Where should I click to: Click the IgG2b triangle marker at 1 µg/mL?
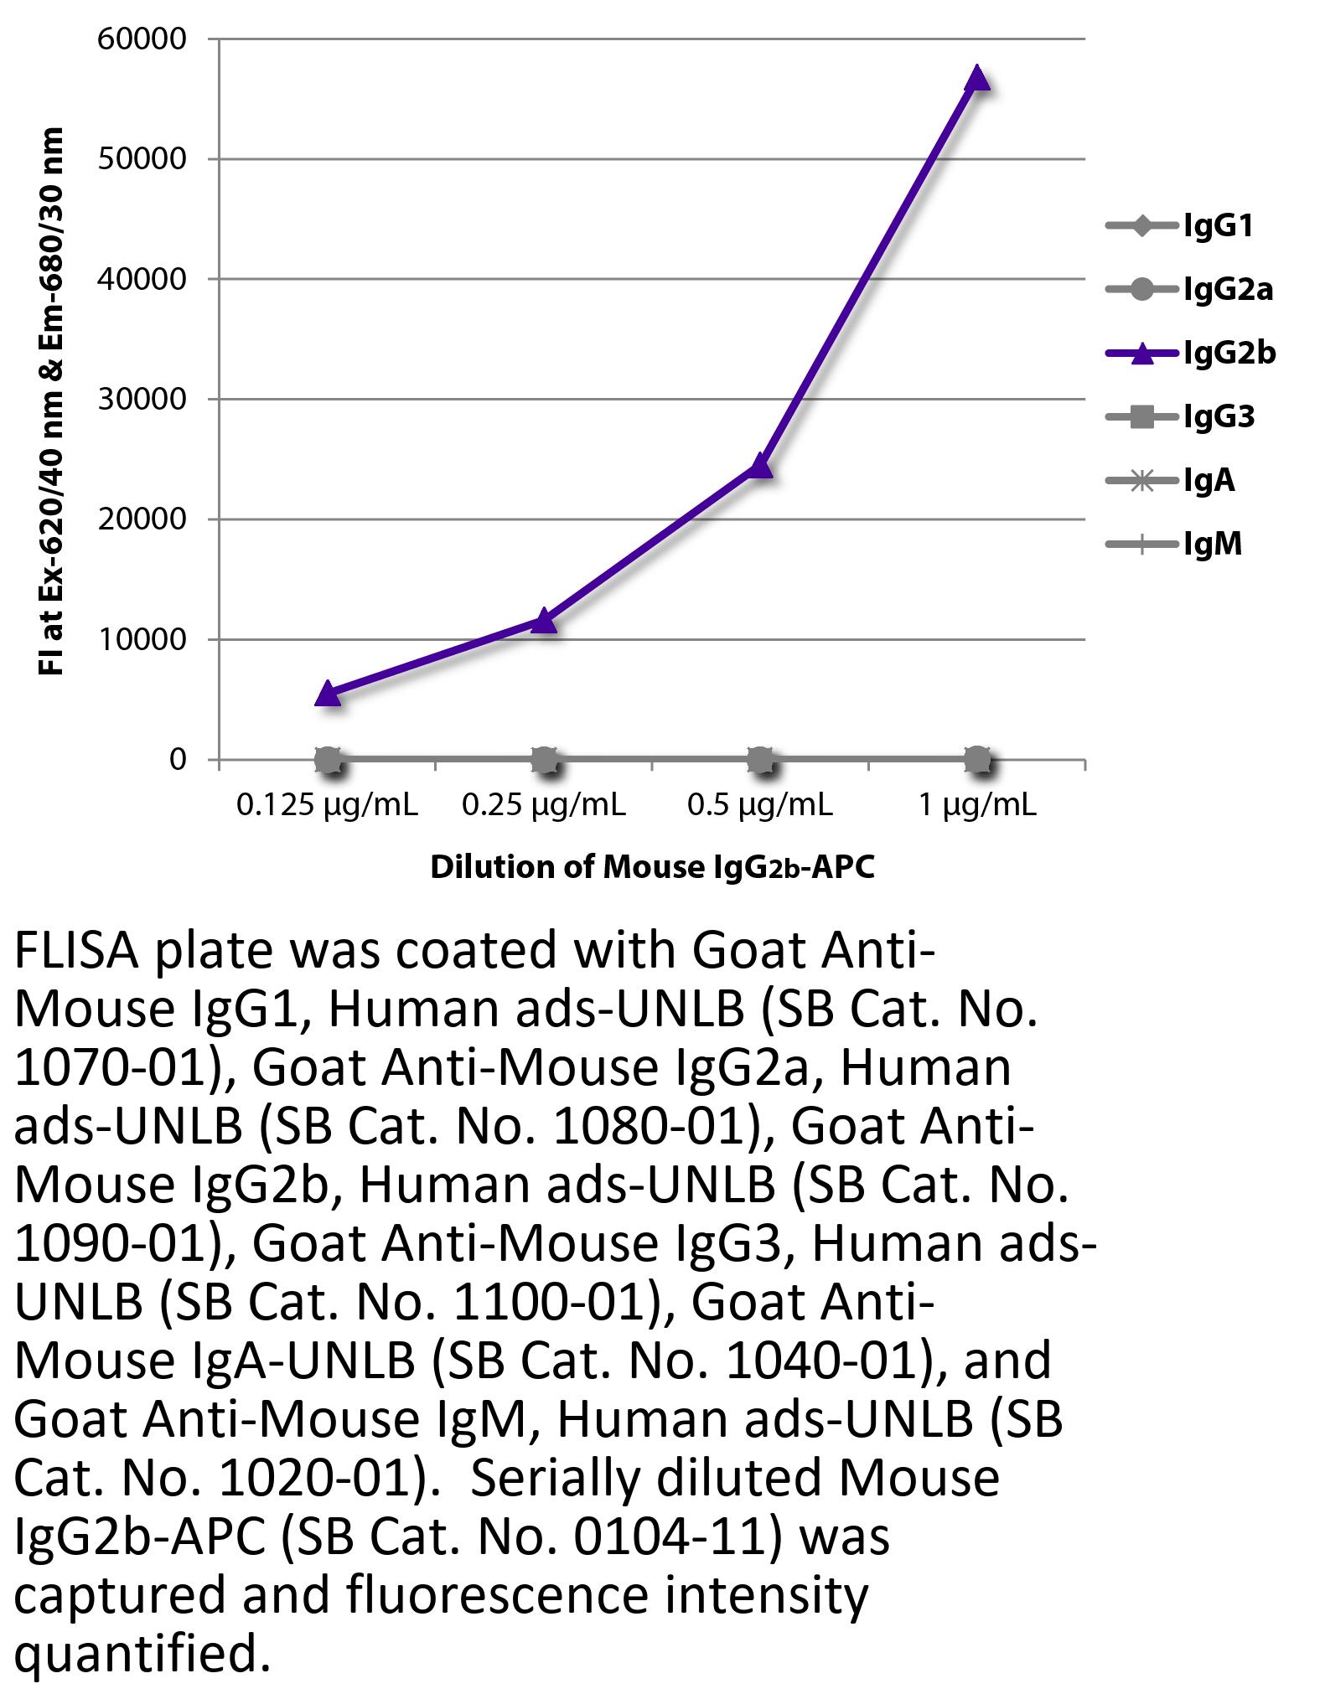977,78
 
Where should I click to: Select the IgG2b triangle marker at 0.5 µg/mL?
759,465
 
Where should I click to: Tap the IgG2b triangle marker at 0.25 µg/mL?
544,621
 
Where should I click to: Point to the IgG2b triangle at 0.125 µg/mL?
328,693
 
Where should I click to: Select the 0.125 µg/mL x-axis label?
327,805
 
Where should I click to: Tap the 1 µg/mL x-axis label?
977,805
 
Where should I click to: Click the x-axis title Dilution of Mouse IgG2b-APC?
652,867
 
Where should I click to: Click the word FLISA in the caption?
75,952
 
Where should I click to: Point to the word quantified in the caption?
142,1655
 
